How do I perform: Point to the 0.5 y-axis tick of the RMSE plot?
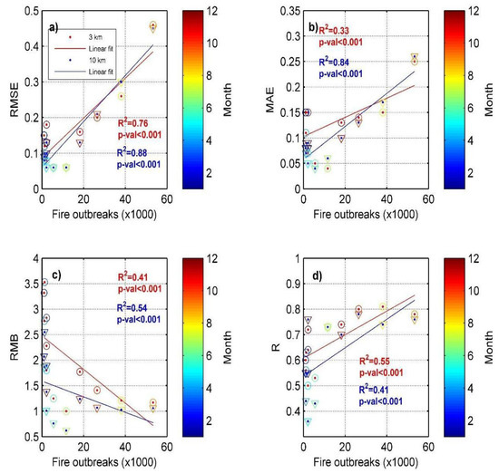click(x=28, y=12)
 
